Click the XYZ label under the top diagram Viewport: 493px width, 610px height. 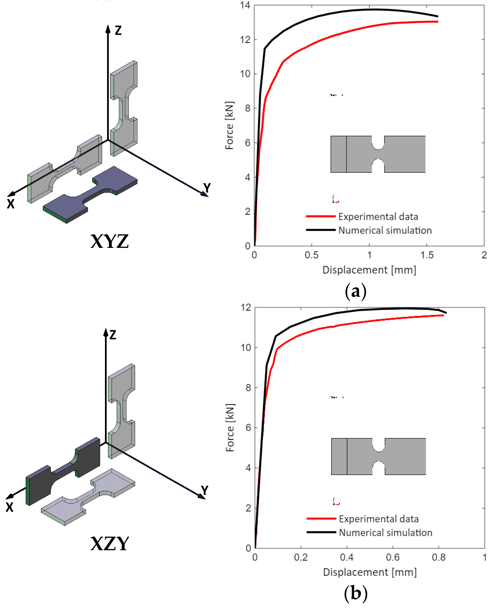pos(110,242)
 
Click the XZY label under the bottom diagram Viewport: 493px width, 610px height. pos(110,544)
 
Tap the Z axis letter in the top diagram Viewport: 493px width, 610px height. pos(118,30)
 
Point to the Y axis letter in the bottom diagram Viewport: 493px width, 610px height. pos(205,490)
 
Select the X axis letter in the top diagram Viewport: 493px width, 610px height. pos(11,204)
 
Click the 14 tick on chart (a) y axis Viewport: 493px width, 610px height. pos(245,5)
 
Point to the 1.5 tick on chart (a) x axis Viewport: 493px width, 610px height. pos(427,255)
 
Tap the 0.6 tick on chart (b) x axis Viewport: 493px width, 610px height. pos(392,557)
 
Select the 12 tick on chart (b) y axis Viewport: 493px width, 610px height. pos(246,307)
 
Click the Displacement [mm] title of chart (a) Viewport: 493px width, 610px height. pos(369,270)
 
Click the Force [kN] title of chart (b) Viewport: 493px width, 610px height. pos(230,428)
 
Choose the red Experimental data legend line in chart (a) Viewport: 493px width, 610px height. pos(321,216)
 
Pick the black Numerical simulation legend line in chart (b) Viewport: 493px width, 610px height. pos(321,532)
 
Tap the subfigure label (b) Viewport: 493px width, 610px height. pos(356,594)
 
